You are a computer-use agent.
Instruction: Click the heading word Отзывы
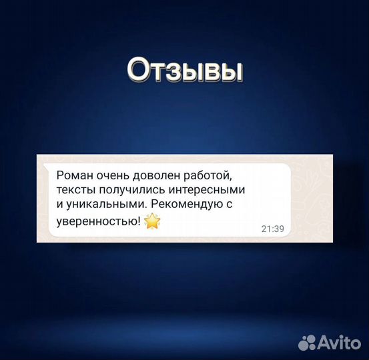tap(183, 70)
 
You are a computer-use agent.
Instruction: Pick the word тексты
tap(76, 191)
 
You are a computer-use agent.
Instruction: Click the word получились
tap(133, 191)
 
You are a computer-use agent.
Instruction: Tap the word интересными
tap(208, 191)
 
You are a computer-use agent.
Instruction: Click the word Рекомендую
tap(182, 206)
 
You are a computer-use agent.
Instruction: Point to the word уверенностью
tap(97, 222)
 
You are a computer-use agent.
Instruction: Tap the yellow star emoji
tap(153, 222)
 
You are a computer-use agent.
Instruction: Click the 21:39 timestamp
tap(272, 229)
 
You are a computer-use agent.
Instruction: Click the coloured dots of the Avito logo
tap(306, 343)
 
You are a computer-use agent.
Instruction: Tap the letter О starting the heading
tap(138, 70)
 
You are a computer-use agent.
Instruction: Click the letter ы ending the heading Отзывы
tap(230, 71)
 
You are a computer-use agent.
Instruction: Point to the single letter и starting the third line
tap(60, 206)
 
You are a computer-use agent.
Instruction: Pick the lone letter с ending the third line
tap(228, 206)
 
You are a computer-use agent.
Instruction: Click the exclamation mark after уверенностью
tap(139, 221)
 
